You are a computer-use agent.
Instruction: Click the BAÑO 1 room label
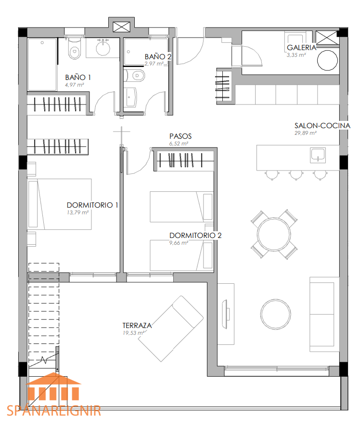[78, 78]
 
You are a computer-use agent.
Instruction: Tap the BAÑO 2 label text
[158, 57]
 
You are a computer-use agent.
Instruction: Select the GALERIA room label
[301, 48]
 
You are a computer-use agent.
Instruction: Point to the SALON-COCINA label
[322, 126]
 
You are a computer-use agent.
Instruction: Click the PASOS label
[180, 136]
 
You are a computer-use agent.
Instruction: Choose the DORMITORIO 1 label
[92, 205]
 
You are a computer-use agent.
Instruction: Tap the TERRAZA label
[137, 326]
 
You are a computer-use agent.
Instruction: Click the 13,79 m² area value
[77, 212]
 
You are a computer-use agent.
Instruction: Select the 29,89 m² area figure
[306, 133]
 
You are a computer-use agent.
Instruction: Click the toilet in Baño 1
[75, 49]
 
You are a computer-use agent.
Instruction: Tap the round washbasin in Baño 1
[103, 48]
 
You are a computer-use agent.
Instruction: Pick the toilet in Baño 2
[135, 76]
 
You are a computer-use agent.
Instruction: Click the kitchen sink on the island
[318, 155]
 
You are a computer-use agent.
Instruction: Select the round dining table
[274, 234]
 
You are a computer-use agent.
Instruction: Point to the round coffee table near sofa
[275, 314]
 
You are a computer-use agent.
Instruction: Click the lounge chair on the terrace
[170, 329]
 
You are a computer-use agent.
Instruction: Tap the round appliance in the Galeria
[327, 60]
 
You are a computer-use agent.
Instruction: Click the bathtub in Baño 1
[42, 65]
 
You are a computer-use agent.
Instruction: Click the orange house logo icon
[53, 386]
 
